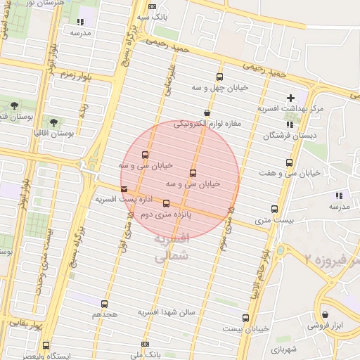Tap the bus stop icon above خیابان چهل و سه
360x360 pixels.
point(220,77)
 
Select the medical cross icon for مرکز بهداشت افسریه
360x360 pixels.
point(290,97)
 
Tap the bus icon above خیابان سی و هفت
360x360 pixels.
point(289,163)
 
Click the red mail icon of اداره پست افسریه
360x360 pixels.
point(124,189)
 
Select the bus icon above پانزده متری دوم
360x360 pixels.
point(166,203)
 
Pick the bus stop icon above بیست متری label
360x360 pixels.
point(274,209)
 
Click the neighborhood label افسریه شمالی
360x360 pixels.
point(171,248)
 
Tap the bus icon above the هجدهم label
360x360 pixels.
point(105,304)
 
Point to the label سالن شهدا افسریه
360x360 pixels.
point(170,311)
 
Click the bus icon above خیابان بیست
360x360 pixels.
point(245,318)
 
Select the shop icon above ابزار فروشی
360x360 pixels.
point(325,314)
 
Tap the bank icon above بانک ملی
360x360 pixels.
point(145,344)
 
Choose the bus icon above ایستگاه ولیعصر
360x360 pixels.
point(46,345)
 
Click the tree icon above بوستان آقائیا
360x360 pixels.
point(53,121)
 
